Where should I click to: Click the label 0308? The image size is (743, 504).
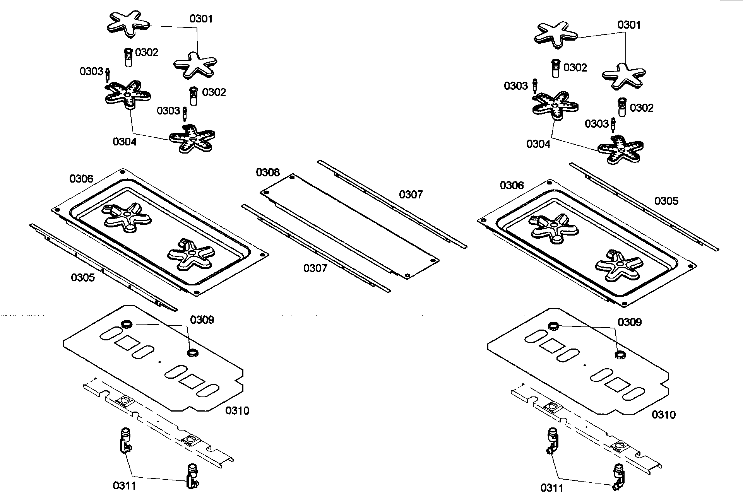coord(268,173)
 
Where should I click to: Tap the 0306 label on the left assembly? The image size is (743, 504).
coord(81,179)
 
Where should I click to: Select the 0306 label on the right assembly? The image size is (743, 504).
coord(512,186)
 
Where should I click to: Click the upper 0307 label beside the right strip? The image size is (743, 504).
coord(411,195)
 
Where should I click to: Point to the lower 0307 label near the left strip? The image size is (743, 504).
coord(315,268)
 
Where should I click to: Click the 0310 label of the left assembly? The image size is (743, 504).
coord(237,411)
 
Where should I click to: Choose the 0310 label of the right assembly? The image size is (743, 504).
coord(664,415)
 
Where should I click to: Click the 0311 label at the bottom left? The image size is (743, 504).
coord(124,486)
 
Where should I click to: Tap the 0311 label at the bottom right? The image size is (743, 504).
coord(552,488)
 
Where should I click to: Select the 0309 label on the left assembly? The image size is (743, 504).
coord(202,320)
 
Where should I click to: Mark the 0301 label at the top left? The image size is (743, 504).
coord(201,19)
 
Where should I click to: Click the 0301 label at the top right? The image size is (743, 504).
coord(629,25)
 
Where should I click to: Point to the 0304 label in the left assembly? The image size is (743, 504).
coord(125,142)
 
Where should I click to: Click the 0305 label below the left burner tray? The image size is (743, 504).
coord(83,278)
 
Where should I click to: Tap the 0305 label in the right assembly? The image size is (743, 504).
coord(666,201)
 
